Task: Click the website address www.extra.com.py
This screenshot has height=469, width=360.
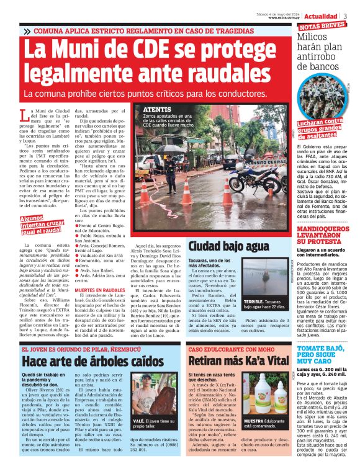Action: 284,17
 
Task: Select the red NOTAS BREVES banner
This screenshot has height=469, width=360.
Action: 323,27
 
